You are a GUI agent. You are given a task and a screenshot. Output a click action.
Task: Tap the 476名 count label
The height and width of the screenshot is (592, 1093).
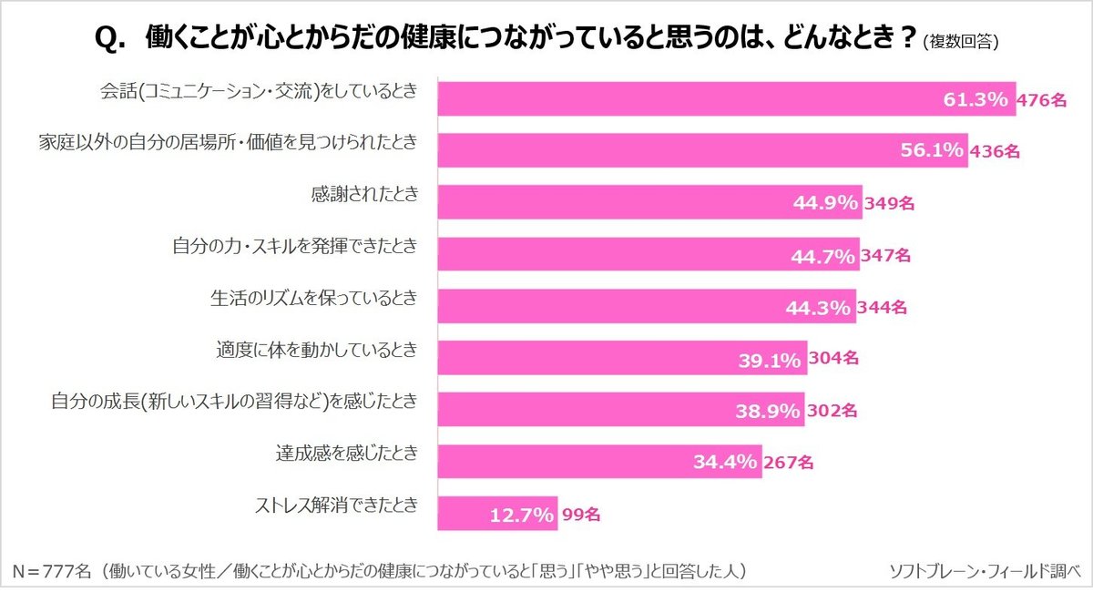1042,100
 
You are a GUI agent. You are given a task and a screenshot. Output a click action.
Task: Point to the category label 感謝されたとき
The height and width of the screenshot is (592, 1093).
364,194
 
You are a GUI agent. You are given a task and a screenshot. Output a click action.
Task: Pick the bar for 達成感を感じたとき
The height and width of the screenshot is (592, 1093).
599,462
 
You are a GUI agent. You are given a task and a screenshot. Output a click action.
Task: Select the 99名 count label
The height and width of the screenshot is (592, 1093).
580,515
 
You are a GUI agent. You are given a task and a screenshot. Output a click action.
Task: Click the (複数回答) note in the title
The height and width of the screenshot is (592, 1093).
960,41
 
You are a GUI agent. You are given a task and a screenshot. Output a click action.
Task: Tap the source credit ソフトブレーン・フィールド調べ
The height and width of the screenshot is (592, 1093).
985,571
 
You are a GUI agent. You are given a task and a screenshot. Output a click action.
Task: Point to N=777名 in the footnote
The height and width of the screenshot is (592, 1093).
53,571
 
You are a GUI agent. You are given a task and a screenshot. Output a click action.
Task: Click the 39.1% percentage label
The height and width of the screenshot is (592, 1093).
770,359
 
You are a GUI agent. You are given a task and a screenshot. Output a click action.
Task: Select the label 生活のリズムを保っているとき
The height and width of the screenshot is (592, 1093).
313,298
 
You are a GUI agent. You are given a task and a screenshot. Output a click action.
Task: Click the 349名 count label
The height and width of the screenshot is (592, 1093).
888,204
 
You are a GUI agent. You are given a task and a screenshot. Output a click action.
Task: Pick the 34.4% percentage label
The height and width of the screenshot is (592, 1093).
725,462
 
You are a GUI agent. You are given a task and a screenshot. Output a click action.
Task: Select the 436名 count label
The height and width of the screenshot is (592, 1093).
994,152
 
